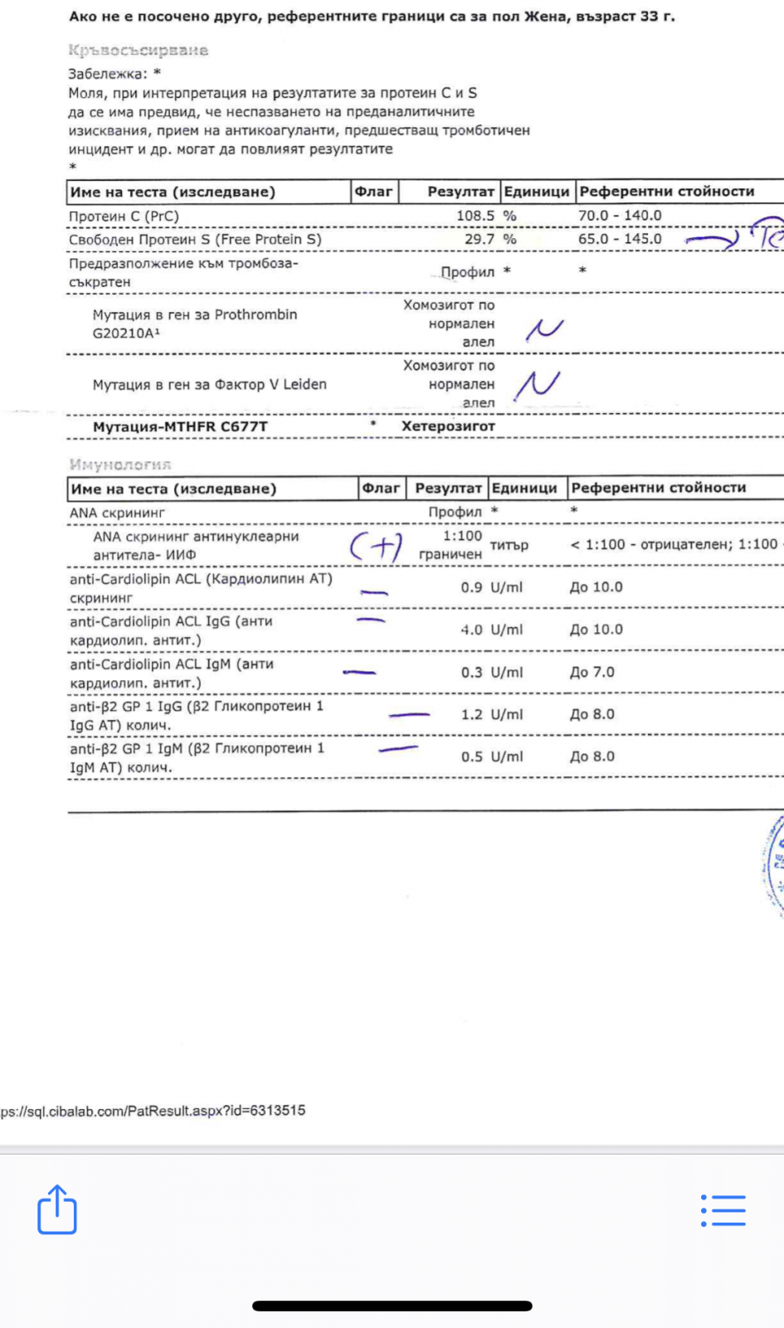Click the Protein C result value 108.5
pos(475,216)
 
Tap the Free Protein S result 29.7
pos(479,239)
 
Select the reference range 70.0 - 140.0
pos(620,216)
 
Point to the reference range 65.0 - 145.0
pos(620,239)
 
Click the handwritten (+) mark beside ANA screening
pos(376,547)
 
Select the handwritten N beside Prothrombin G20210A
pos(544,328)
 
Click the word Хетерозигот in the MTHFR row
pos(448,426)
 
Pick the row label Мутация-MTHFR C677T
pos(180,427)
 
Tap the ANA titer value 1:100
pos(462,537)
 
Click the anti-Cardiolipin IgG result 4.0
pos(471,630)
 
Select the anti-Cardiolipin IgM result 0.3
pos(471,673)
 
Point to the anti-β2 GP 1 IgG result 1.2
pos(471,715)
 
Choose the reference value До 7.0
pos(592,673)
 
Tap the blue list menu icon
pos(723,1210)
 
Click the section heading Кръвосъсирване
pos(138,51)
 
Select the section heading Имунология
pos(120,465)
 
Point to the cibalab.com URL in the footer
pos(153,1111)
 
